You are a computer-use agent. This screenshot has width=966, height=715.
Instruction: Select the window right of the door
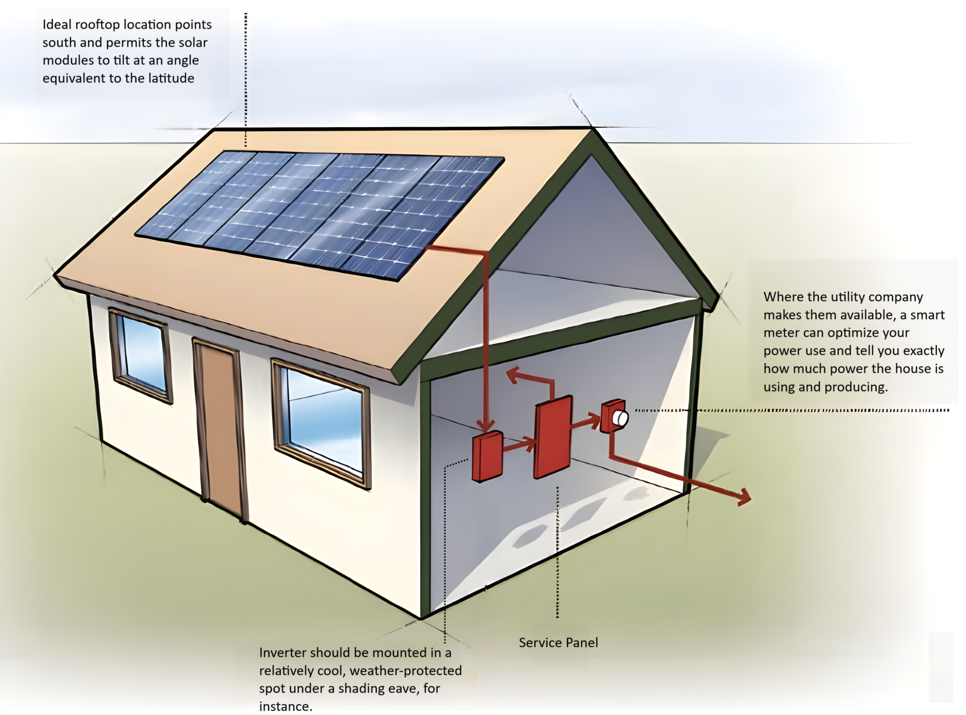pyautogui.click(x=323, y=422)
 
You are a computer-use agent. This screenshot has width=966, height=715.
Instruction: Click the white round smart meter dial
pyautogui.click(x=620, y=418)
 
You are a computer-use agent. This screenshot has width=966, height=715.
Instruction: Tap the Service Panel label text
pyautogui.click(x=558, y=643)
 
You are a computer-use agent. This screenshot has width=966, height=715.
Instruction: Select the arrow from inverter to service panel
pyautogui.click(x=520, y=445)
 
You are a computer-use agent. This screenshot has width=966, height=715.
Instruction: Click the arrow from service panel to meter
pyautogui.click(x=587, y=421)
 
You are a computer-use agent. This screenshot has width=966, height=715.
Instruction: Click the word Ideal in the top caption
pyautogui.click(x=57, y=25)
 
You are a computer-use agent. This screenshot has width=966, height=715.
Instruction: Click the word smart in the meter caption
pyautogui.click(x=927, y=315)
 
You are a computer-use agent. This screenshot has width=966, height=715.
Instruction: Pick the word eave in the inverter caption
pyautogui.click(x=405, y=688)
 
